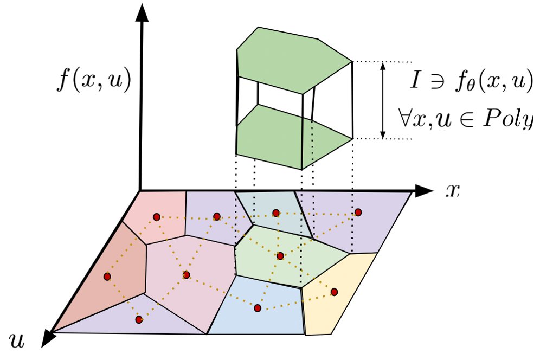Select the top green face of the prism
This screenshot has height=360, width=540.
[x=293, y=54]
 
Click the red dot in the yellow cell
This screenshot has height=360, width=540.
[x=334, y=292]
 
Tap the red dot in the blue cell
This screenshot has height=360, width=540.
[x=258, y=308]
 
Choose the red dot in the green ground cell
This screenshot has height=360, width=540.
[x=280, y=256]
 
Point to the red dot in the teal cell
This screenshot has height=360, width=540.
[x=275, y=213]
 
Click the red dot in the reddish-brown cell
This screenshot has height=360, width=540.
[x=107, y=277]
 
